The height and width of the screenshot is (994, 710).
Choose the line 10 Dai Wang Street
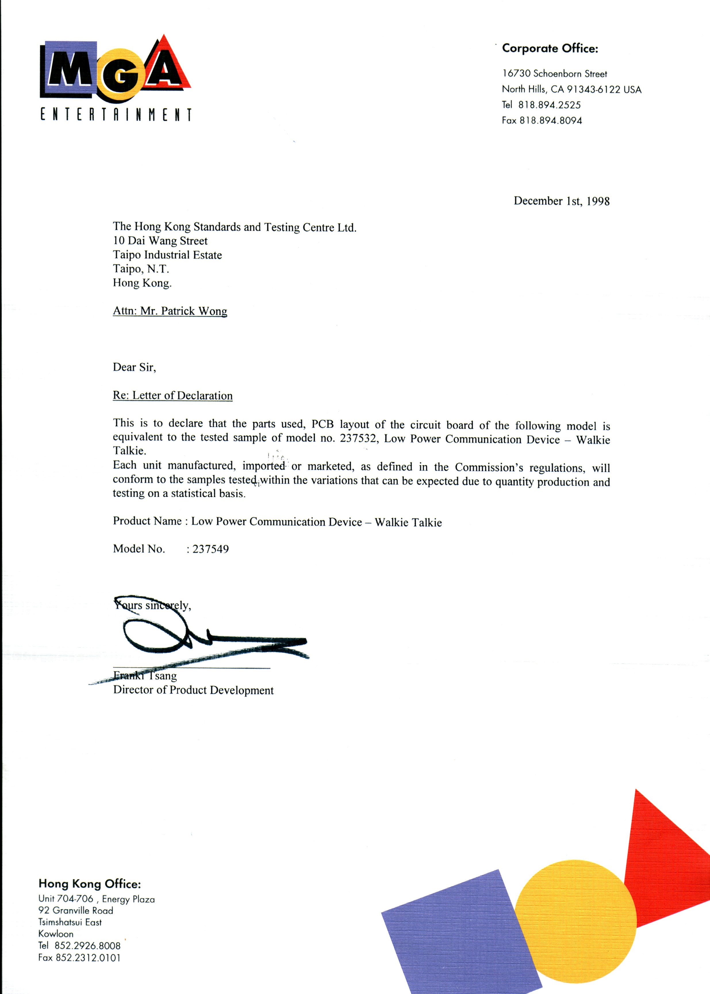point(160,241)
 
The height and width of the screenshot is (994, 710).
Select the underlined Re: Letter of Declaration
point(173,395)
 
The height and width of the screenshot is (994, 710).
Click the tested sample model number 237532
point(358,438)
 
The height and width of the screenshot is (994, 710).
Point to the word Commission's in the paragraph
point(489,467)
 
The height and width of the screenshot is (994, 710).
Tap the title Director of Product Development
point(193,690)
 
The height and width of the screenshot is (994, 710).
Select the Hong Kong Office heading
point(90,884)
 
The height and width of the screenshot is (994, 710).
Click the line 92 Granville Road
point(76,910)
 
